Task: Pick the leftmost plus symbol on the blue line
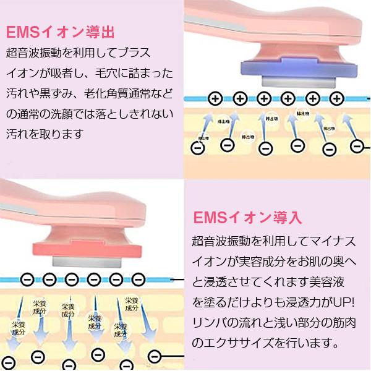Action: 215,98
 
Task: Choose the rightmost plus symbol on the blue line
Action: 336,98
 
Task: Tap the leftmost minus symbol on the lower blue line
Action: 27,279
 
